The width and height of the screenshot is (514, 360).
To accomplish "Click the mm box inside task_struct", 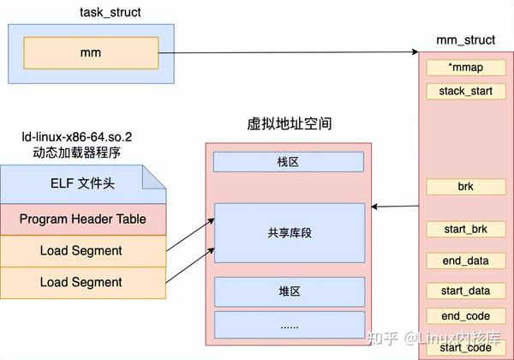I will [x=90, y=53].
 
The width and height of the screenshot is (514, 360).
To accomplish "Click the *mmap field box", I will [x=465, y=68].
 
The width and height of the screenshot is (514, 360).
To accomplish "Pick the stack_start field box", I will [x=465, y=91].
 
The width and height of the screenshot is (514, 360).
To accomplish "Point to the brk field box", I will [x=465, y=186].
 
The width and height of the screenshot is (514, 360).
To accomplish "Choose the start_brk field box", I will [x=465, y=230].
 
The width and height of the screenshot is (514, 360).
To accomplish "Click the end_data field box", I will [x=465, y=260].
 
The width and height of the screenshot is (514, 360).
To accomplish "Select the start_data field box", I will [x=465, y=291].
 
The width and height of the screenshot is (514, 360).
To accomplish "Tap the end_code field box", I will [x=465, y=315].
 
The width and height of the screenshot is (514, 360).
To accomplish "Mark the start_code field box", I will [x=465, y=346].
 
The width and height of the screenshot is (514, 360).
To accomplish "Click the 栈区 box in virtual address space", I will [x=289, y=161].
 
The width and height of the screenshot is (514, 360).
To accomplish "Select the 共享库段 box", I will [x=289, y=232].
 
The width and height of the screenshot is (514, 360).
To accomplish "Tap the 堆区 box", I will [x=289, y=291].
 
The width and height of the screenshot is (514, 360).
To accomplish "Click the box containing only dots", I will [x=289, y=325].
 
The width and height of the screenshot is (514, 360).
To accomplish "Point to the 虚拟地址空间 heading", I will [x=289, y=124].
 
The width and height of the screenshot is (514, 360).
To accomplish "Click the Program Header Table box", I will [x=82, y=219].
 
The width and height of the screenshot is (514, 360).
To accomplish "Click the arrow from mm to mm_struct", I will [x=291, y=54].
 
